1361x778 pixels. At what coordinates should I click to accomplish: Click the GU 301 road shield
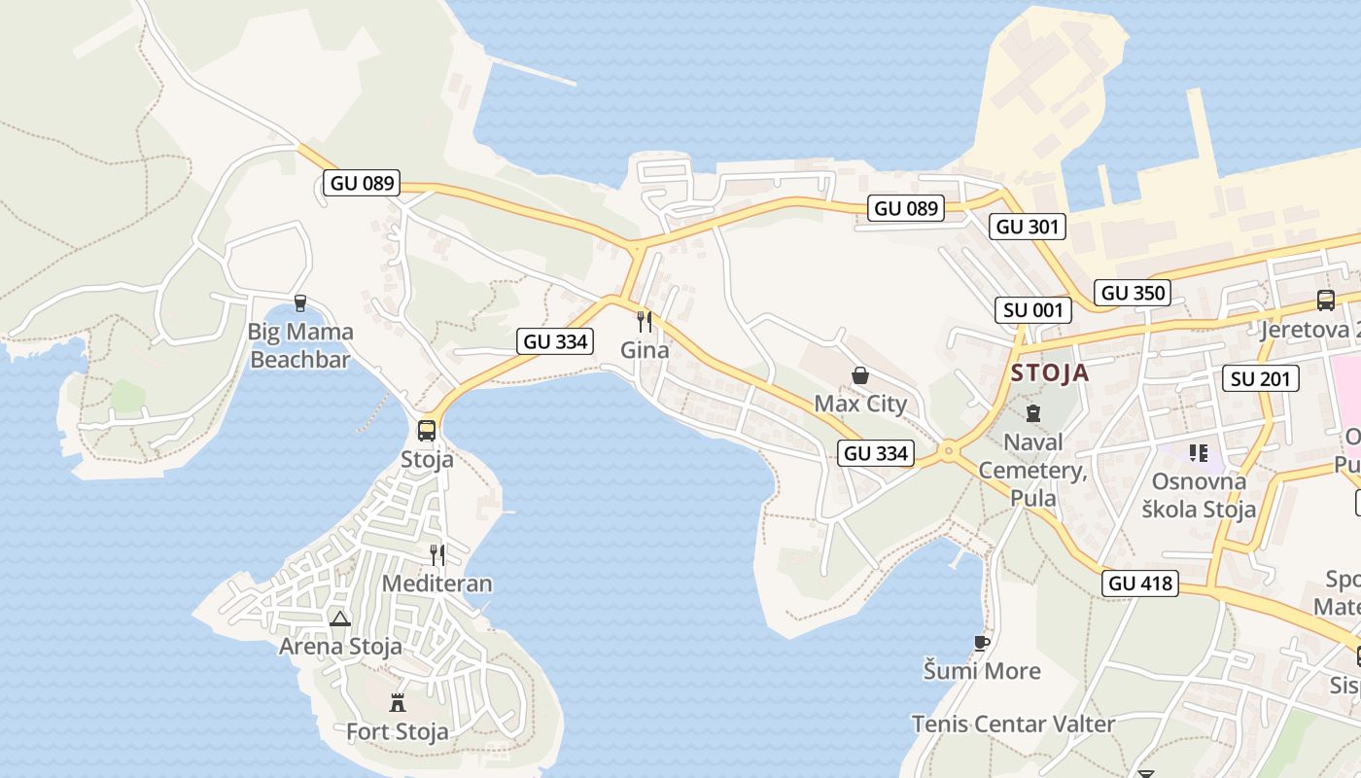[x=1029, y=227]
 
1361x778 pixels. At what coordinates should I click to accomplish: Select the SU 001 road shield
[x=1033, y=310]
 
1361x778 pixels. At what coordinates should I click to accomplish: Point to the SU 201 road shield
[x=1262, y=378]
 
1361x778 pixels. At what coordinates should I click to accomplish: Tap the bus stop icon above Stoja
[x=427, y=430]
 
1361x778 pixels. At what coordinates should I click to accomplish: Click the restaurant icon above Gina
[x=644, y=321]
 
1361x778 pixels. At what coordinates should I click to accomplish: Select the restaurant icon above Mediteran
[x=437, y=555]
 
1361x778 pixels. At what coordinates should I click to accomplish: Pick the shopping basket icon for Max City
[x=859, y=375]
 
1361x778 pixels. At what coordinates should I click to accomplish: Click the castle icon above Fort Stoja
[x=398, y=702]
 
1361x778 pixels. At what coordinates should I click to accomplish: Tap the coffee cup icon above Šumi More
[x=982, y=643]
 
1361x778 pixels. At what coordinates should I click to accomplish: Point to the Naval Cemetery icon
[x=1032, y=412]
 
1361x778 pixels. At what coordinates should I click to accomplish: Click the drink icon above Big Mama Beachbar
[x=299, y=303]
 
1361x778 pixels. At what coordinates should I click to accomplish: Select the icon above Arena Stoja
[x=339, y=619]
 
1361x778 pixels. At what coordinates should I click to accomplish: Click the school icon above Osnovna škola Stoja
[x=1198, y=452]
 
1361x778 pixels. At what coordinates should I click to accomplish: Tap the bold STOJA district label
[x=1050, y=372]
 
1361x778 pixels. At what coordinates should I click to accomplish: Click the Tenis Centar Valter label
[x=1013, y=724]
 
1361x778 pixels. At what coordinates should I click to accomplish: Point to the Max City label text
[x=860, y=404]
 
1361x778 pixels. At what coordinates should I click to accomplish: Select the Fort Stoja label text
[x=398, y=731]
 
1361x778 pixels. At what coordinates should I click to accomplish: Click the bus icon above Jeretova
[x=1325, y=301]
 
